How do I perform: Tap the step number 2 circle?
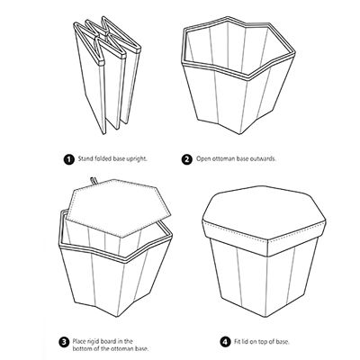point(187,159)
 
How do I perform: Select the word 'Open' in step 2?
point(205,159)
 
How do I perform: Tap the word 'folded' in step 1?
point(105,159)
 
